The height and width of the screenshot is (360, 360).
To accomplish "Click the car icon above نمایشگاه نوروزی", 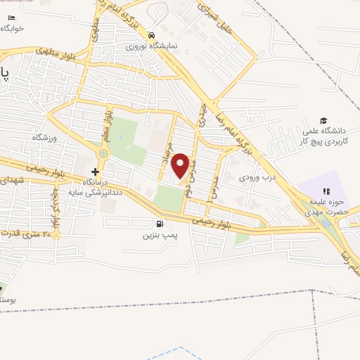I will pyautogui.click(x=151, y=34).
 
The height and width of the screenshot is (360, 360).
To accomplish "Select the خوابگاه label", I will pyautogui.click(x=13, y=28).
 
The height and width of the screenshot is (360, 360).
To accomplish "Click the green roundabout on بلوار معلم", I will pyautogui.click(x=104, y=153).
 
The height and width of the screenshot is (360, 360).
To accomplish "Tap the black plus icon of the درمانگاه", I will pyautogui.click(x=95, y=172).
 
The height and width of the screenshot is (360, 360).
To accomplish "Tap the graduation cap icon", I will pyautogui.click(x=323, y=120).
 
